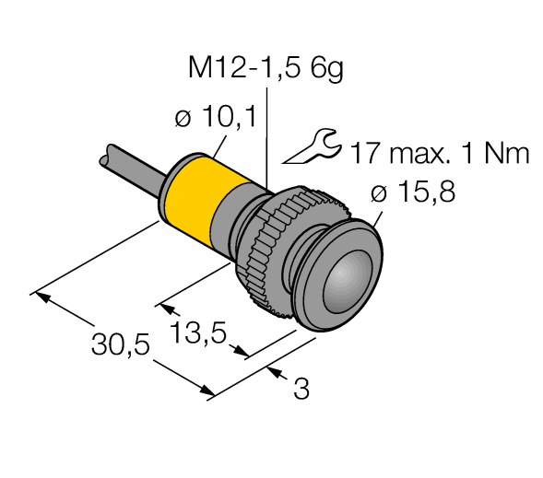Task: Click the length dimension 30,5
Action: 117,345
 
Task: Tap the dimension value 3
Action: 301,390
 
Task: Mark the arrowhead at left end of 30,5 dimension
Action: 39,296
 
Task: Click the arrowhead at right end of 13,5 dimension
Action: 243,354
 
